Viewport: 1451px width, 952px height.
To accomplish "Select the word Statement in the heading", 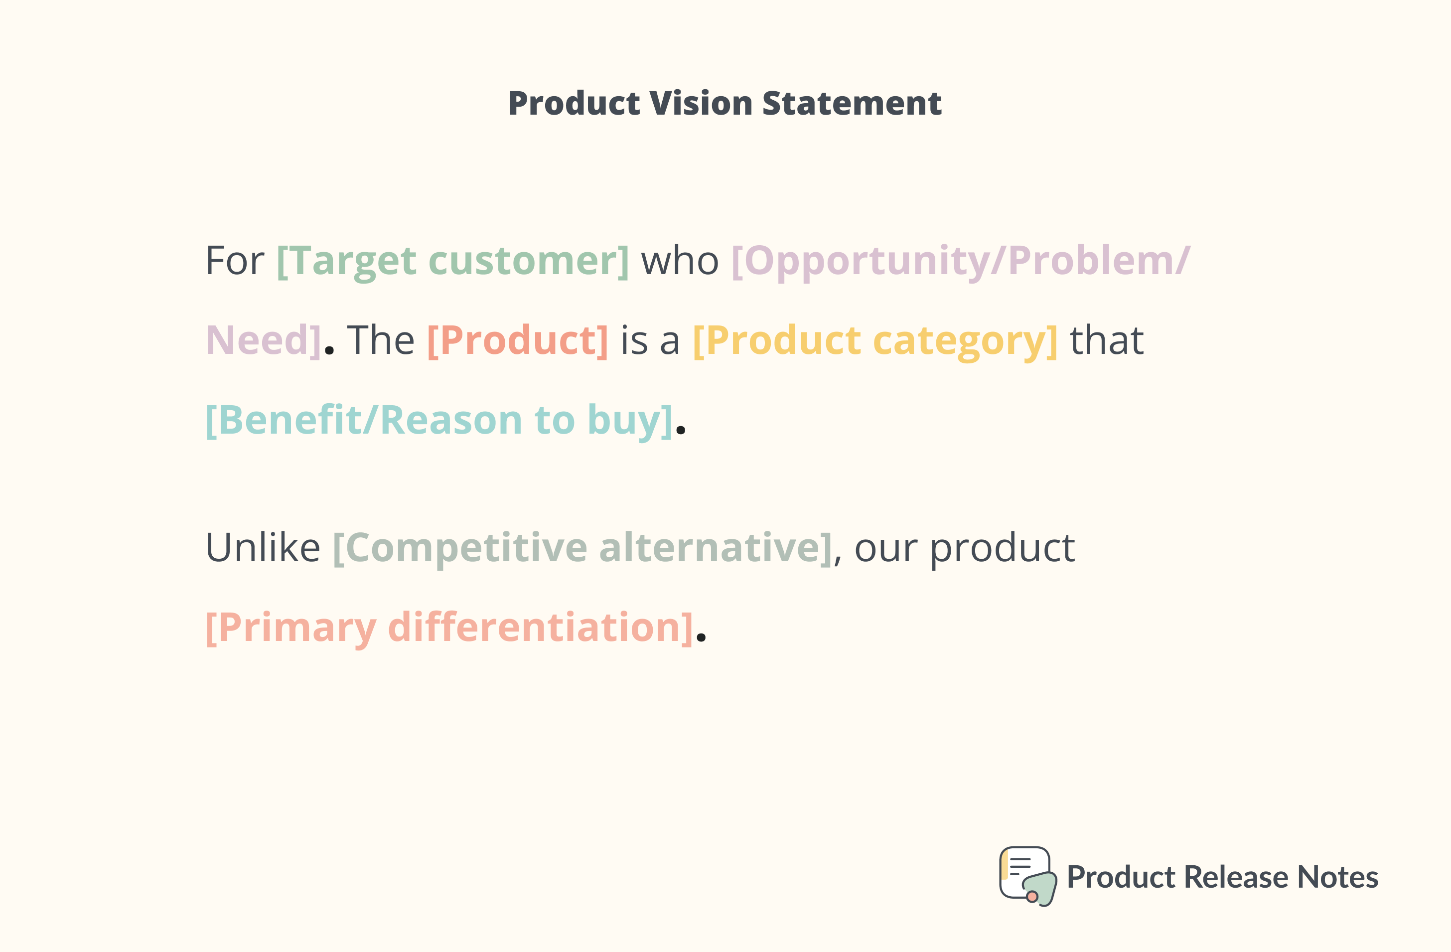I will pos(852,103).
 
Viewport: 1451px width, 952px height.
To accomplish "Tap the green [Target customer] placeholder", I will pos(452,261).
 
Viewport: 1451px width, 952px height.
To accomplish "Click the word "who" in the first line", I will pos(680,261).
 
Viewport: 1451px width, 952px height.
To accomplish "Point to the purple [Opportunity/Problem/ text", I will pos(960,261).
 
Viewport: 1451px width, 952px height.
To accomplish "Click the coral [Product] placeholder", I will pos(518,340).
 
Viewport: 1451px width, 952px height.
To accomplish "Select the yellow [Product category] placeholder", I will pos(875,340).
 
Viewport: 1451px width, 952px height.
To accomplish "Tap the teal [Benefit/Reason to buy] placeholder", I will pos(439,420).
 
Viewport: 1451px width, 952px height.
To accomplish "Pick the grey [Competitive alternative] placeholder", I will pos(582,548).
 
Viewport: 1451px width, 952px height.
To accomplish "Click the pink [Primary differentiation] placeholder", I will pos(449,628).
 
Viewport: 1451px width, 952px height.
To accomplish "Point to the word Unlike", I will pos(263,548).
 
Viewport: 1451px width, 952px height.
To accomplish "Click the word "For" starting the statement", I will pos(235,261).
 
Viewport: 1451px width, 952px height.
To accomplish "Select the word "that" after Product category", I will pos(1107,340).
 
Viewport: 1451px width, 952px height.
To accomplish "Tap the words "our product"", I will pos(965,548).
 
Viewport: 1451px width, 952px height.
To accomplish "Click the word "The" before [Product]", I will pos(380,340).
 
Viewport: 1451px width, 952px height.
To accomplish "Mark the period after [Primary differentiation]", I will pos(701,638).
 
